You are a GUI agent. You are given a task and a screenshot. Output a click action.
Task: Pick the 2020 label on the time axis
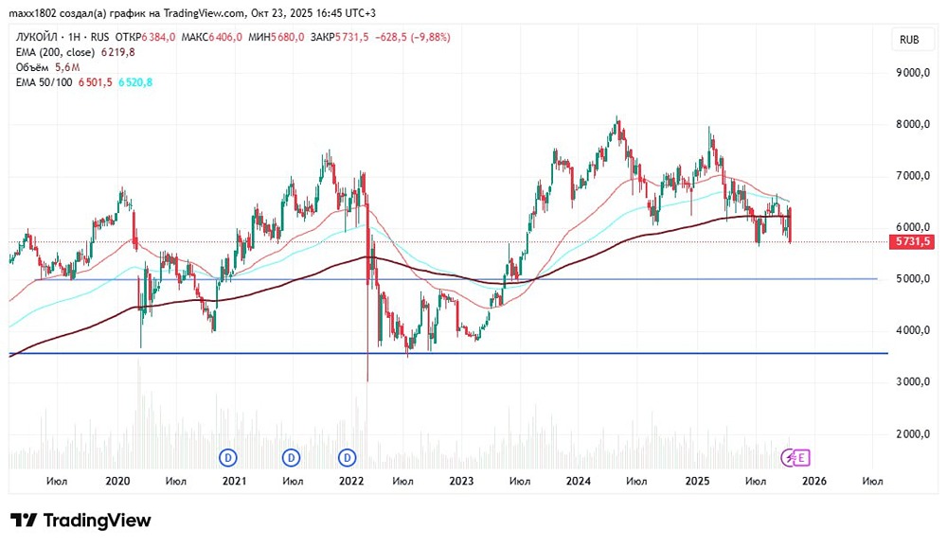click(x=117, y=481)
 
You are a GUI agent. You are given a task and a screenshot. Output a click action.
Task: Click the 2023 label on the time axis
click(x=461, y=481)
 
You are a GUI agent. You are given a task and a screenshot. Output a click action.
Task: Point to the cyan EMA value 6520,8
click(x=135, y=82)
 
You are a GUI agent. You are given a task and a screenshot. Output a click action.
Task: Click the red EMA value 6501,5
click(x=97, y=82)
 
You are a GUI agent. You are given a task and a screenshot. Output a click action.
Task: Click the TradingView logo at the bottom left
click(x=80, y=521)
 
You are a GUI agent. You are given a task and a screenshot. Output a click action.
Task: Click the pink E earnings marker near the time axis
click(x=801, y=458)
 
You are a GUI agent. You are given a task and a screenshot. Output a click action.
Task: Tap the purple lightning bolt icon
click(x=789, y=458)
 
